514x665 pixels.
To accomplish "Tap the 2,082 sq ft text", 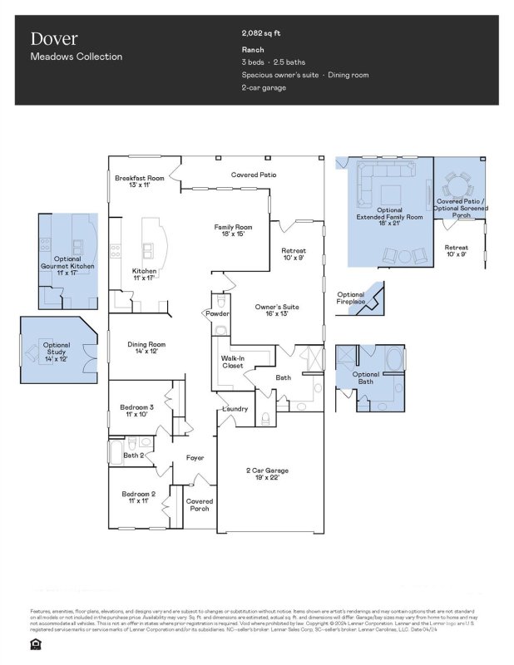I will [x=261, y=33].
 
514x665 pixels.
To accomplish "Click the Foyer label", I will [x=195, y=458].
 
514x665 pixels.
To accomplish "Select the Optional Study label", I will [x=57, y=349].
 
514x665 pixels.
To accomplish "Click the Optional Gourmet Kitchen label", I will [x=67, y=265].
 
